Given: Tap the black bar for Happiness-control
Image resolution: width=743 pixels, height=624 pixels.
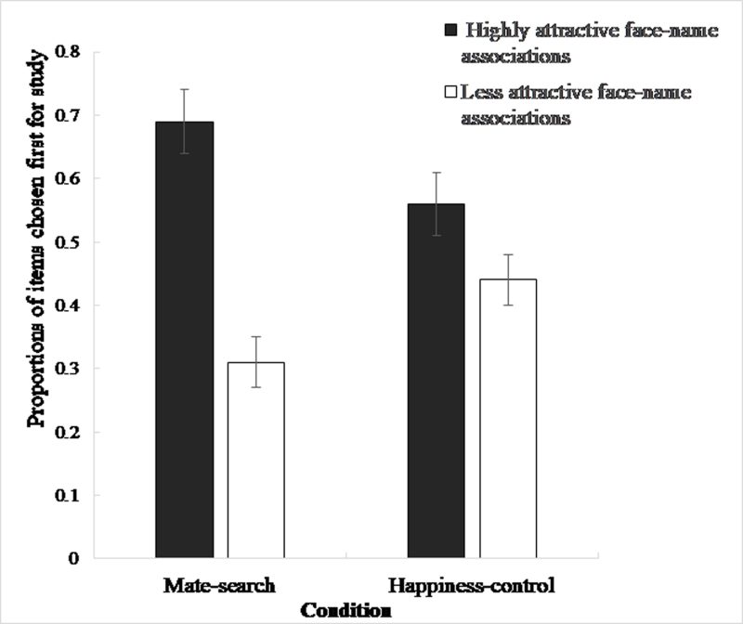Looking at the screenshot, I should click(x=437, y=381).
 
